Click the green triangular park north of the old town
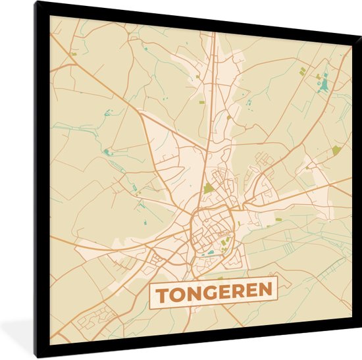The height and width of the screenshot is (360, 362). click(x=209, y=189)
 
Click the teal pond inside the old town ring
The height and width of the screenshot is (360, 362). click(x=210, y=251)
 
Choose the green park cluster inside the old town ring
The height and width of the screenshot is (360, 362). click(x=225, y=244)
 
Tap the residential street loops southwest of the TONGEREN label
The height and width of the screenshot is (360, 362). click(x=92, y=322)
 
